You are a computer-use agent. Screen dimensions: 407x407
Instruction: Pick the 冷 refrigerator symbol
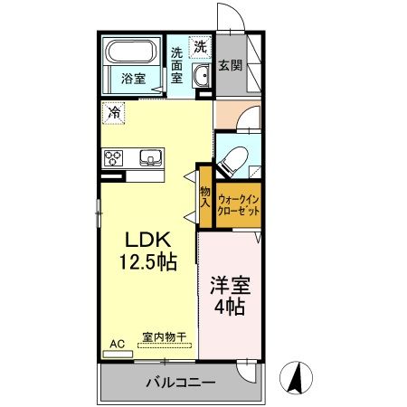(x=115, y=113)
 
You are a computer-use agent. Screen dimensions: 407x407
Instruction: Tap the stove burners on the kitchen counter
(x=114, y=157)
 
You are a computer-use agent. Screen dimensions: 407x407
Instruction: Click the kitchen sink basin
(x=148, y=158)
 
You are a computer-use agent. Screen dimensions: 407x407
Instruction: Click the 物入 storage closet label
(x=205, y=197)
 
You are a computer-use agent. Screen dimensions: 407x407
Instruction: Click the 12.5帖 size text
(x=145, y=261)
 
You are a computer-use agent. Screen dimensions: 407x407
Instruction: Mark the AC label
(x=117, y=344)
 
